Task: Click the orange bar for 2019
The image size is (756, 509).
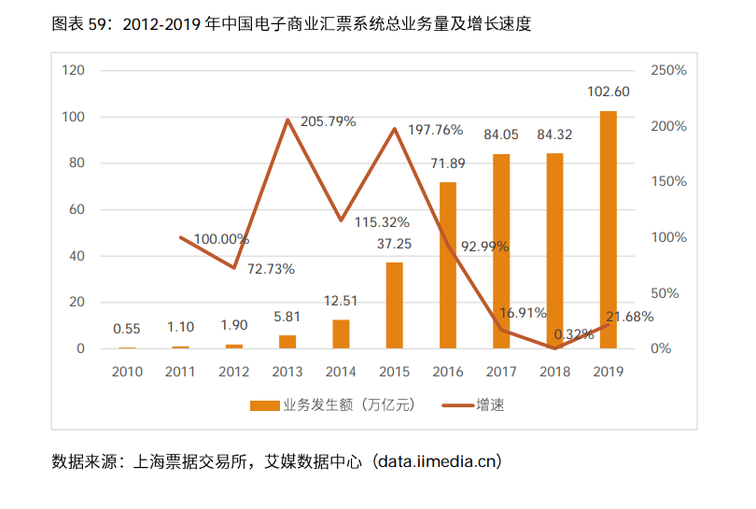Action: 608,230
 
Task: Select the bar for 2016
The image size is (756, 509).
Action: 448,265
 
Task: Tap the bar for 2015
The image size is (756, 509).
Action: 395,305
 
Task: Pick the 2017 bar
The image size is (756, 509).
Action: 501,251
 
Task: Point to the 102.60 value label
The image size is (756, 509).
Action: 609,92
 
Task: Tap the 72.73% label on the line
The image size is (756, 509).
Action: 271,269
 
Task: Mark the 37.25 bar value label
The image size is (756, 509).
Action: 395,245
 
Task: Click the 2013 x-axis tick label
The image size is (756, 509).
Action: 287,372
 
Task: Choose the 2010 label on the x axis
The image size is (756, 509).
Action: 127,372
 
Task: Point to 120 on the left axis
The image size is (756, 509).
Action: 74,71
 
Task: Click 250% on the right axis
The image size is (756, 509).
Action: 668,71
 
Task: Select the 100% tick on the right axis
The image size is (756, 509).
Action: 668,237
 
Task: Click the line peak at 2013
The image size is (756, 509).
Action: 287,120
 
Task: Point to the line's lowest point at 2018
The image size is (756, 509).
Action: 554,348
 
